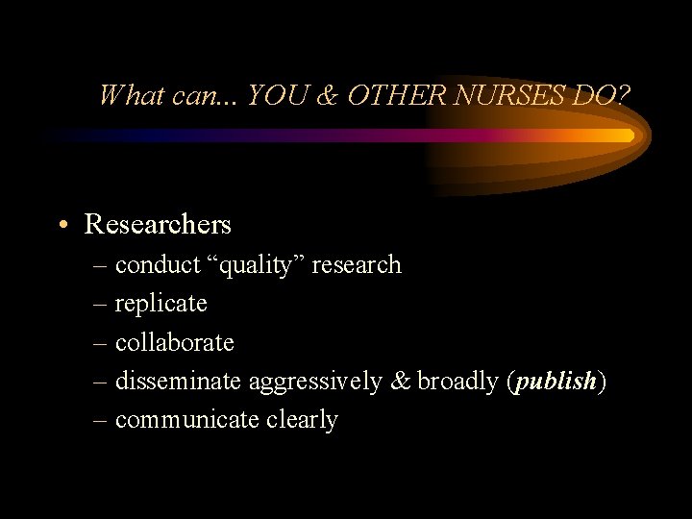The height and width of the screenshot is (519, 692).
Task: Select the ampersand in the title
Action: pyautogui.click(x=329, y=95)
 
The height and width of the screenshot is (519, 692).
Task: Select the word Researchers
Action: pyautogui.click(x=158, y=225)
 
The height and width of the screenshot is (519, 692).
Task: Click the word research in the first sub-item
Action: pyautogui.click(x=356, y=265)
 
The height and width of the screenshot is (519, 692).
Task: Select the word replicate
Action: pyautogui.click(x=161, y=304)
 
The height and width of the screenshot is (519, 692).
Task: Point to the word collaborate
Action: pyautogui.click(x=174, y=342)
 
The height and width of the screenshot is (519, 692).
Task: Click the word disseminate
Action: pyautogui.click(x=179, y=381)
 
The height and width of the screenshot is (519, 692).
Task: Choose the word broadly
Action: pyautogui.click(x=457, y=382)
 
